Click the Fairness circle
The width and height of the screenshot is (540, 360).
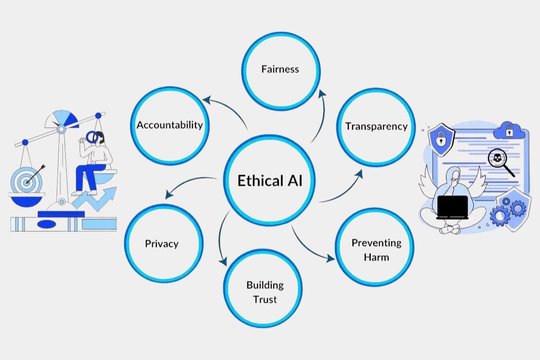coord(280,70)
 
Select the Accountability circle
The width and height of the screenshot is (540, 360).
coord(170,125)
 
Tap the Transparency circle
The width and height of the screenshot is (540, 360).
coord(376,126)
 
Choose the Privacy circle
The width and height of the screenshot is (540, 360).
coord(162,244)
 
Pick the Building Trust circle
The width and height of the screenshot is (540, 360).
coord(265,292)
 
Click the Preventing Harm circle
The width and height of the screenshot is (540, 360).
coord(376,250)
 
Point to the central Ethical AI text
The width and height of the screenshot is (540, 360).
coord(270,181)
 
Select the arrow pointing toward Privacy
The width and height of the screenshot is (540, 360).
coord(189,184)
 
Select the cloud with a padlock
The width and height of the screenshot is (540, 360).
coord(509,131)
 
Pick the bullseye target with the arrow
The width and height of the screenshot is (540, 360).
coord(27,180)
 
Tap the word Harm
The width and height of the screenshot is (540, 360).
coord(376,257)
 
